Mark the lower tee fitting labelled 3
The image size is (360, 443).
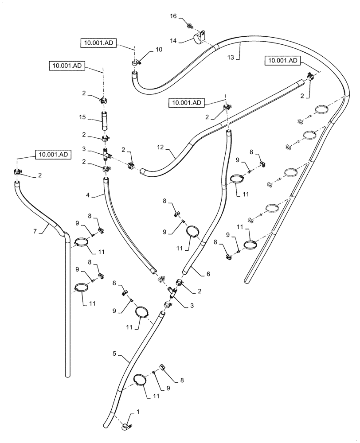click(x=173, y=292)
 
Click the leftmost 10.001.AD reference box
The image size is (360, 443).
click(x=52, y=155)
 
